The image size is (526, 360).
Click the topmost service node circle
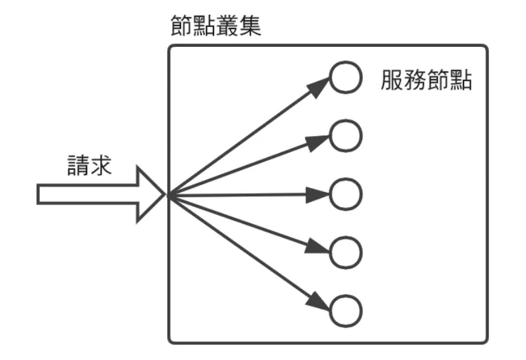[346, 79]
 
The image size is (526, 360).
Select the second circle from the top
[346, 135]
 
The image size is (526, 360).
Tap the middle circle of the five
[346, 194]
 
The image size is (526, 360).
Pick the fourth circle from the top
[346, 250]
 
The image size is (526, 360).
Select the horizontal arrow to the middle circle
[249, 194]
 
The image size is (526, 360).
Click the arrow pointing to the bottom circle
[249, 251]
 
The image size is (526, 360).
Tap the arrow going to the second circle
[249, 165]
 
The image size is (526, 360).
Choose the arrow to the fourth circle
[249, 222]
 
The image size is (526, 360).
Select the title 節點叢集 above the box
[216, 26]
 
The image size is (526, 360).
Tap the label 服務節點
[426, 81]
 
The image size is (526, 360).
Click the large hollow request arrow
[100, 194]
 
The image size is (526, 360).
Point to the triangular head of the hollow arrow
[151, 194]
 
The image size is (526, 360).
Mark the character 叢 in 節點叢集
[227, 26]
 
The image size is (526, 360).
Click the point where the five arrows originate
[168, 194]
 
